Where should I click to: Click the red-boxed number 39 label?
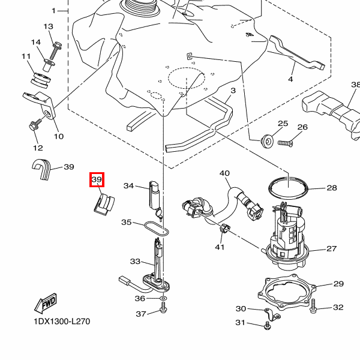97,179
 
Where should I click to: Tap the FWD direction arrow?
46,303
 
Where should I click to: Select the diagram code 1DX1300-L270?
62,322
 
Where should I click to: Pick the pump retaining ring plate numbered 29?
287,293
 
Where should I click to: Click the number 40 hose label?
224,173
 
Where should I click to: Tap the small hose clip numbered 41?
225,229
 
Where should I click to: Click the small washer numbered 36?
163,298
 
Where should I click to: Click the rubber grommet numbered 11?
41,80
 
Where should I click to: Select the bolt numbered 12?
35,125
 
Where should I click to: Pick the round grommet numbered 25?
267,141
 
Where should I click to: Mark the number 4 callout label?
290,79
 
